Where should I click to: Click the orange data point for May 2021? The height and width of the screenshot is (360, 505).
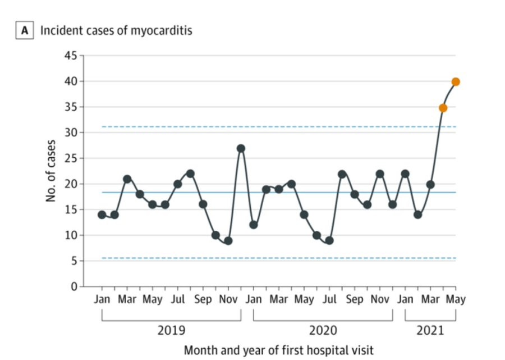[456, 81]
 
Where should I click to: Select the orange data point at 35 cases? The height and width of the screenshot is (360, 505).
[443, 107]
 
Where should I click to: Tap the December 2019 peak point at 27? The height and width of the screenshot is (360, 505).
[241, 148]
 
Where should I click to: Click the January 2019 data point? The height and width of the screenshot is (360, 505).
[102, 215]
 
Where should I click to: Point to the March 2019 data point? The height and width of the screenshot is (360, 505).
[127, 179]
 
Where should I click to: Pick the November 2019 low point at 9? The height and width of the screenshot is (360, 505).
[228, 240]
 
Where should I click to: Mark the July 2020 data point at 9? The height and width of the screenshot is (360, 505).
[329, 240]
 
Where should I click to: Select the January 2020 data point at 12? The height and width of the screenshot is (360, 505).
[254, 225]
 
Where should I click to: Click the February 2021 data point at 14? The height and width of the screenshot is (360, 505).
[418, 215]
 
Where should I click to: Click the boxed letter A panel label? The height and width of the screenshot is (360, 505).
[24, 31]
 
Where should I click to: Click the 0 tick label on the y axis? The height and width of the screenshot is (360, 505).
[74, 286]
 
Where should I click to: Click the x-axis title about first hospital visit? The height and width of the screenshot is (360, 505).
[278, 350]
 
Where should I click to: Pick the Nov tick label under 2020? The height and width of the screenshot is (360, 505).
[380, 299]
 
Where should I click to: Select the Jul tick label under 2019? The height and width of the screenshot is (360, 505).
[177, 299]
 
